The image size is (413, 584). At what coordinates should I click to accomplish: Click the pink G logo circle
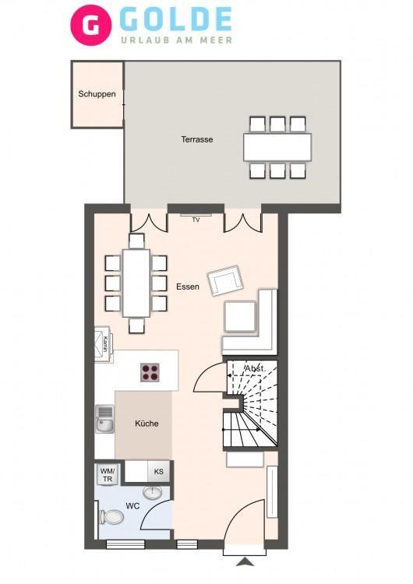(91, 25)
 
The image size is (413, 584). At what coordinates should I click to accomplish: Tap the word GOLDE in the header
(176, 19)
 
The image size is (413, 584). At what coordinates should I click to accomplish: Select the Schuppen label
(97, 94)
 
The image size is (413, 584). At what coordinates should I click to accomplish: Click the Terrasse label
(197, 139)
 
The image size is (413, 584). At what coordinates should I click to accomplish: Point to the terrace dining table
(277, 147)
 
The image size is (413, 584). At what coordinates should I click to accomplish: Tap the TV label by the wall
(196, 220)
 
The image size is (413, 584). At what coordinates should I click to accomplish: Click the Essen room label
(188, 287)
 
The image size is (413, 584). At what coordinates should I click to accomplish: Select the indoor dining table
(136, 283)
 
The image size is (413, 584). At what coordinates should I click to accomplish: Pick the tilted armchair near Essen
(225, 280)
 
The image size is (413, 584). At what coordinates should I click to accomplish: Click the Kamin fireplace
(103, 344)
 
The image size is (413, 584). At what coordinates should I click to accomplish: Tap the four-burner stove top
(150, 372)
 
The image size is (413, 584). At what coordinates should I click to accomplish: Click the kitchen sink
(104, 419)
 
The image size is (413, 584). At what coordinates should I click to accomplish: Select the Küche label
(146, 424)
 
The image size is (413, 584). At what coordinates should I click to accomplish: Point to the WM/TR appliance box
(108, 474)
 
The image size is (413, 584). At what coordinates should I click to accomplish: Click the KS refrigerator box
(159, 472)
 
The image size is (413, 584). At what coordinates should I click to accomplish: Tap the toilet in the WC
(111, 517)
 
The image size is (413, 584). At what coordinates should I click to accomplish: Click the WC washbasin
(153, 492)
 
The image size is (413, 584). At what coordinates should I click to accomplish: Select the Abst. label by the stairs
(255, 369)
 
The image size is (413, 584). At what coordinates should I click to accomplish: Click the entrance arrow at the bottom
(245, 561)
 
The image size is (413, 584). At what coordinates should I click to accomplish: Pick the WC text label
(132, 506)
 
